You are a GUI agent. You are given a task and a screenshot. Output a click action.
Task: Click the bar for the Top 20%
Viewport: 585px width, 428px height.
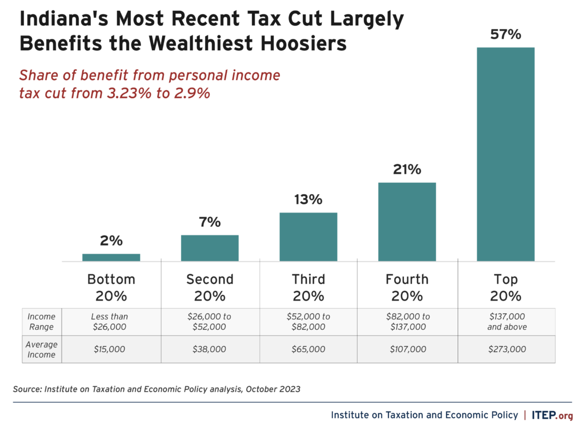tap(506, 154)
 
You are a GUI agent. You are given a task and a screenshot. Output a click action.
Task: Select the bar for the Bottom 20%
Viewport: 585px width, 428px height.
tap(111, 258)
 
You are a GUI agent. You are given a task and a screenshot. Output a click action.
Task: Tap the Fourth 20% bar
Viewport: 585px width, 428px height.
tap(407, 222)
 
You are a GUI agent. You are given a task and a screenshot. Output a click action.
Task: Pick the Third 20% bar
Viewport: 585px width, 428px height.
tap(308, 237)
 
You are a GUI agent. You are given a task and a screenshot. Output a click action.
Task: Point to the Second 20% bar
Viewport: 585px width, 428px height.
tap(210, 248)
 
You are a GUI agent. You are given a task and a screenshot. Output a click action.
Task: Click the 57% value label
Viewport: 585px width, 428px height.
tap(506, 35)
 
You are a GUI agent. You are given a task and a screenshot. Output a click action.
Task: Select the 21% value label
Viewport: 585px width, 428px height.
tap(407, 170)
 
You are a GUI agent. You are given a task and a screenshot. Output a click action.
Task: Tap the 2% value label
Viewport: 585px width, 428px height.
tap(111, 241)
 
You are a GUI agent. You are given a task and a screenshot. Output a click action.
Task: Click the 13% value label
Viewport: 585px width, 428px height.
tap(308, 199)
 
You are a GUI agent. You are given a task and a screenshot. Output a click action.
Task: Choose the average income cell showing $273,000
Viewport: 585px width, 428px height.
tap(506, 349)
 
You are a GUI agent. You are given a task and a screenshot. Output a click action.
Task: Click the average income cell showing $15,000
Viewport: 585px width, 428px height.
tap(111, 349)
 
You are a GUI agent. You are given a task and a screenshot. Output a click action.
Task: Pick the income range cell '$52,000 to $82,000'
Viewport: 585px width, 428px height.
tap(308, 322)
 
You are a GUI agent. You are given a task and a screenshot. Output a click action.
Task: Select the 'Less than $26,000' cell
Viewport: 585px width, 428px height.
tap(111, 322)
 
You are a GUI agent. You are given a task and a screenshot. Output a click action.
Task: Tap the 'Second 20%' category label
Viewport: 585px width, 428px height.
tap(210, 287)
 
